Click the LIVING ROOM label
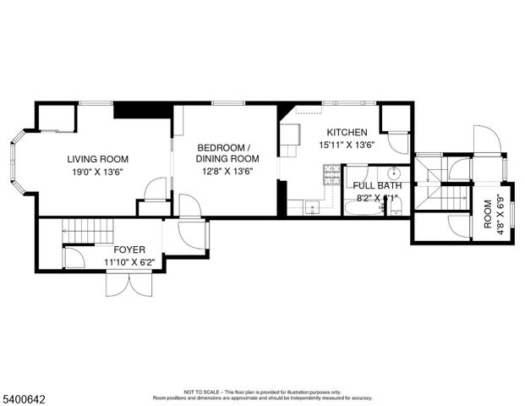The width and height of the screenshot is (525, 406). click(x=98, y=159)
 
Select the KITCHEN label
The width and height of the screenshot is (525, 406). click(x=343, y=133)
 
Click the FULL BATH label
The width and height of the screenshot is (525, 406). click(x=377, y=185)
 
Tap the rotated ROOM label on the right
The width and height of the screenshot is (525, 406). click(x=487, y=218)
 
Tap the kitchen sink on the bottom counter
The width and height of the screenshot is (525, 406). click(x=312, y=206)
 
